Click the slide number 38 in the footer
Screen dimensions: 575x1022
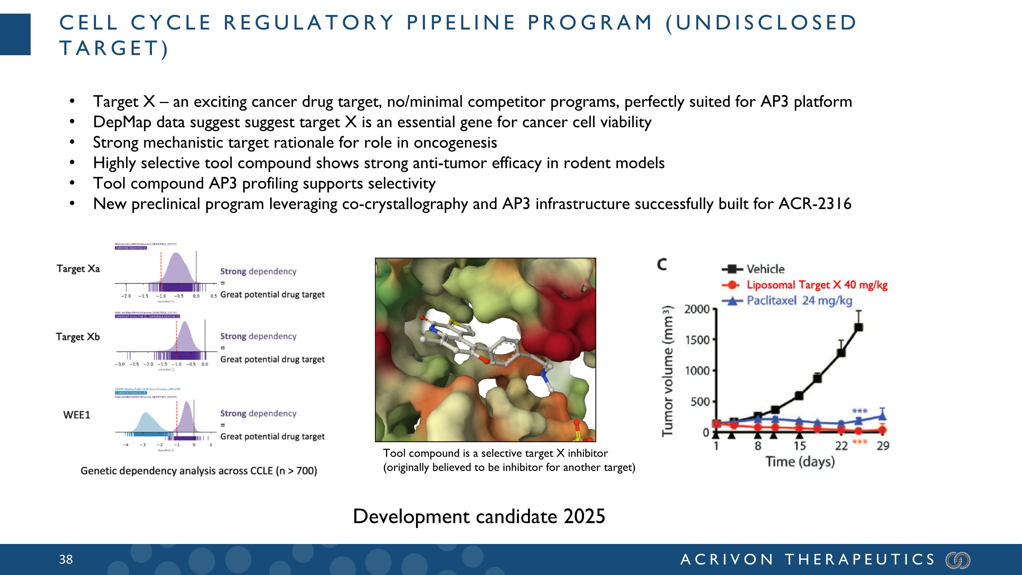[x=66, y=560]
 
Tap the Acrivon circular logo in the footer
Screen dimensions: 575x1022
[x=958, y=560]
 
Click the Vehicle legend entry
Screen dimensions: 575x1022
[x=764, y=269]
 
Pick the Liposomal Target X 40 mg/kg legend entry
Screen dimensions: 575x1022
[x=816, y=285]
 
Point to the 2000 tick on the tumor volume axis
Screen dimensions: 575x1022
[x=697, y=309]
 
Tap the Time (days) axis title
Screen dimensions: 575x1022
[x=800, y=462]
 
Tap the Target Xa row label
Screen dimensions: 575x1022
[x=78, y=269]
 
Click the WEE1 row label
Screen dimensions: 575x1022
[x=77, y=415]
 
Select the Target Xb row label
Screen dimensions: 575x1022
[x=78, y=337]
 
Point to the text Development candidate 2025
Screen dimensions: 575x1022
[x=479, y=517]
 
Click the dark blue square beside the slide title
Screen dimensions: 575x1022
[x=15, y=34]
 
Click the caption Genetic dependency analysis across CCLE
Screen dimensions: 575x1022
[x=198, y=471]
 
